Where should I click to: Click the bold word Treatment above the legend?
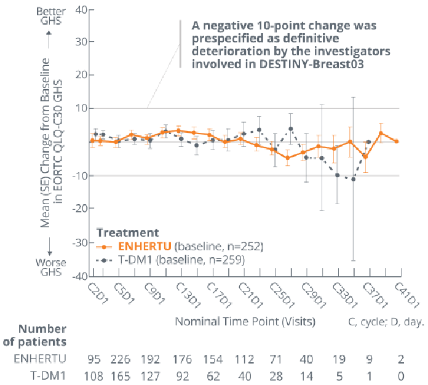click(127, 232)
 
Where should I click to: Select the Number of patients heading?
click(42, 336)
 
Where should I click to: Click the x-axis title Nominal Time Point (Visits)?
click(245, 321)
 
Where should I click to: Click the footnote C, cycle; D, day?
click(385, 321)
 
